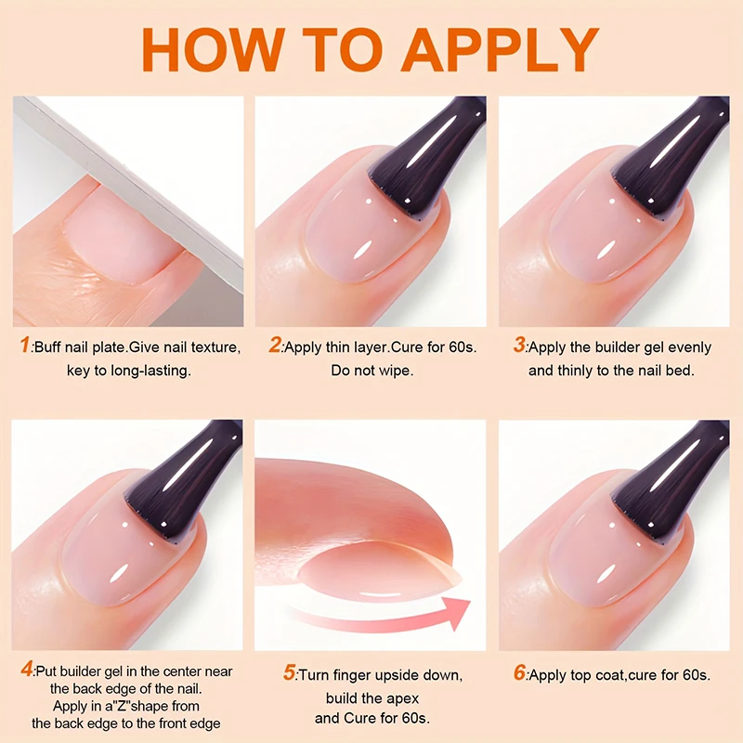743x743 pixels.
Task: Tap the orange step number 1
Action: tap(25, 347)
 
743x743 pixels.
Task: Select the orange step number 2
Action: tap(275, 347)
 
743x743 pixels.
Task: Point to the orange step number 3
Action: tap(519, 347)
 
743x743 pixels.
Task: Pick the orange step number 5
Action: tap(289, 673)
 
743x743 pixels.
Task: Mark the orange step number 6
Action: tap(519, 673)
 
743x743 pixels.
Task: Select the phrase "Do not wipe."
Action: tap(371, 371)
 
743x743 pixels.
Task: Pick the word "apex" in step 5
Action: tap(400, 697)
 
